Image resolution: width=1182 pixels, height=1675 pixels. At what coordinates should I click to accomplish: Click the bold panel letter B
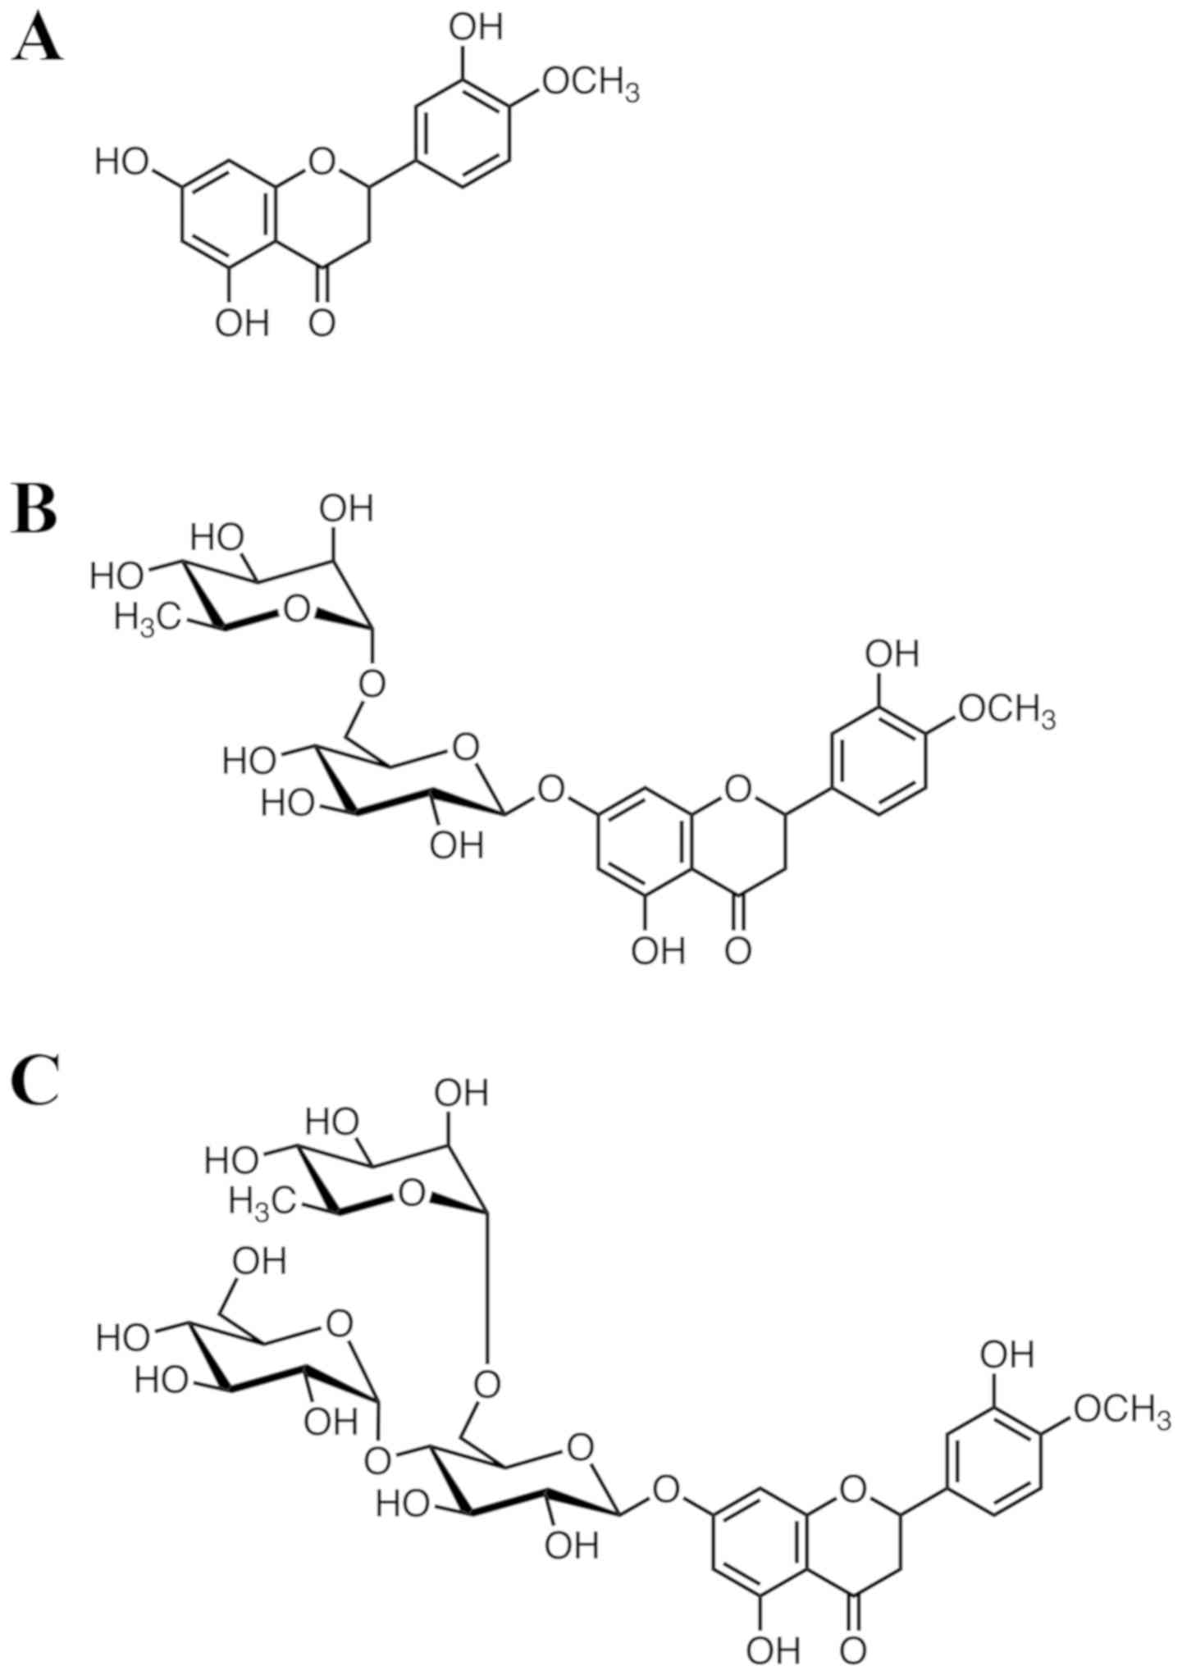34,511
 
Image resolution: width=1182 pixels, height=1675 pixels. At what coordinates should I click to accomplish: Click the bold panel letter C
35,1082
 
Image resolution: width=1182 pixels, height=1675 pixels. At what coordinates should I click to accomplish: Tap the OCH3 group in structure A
590,84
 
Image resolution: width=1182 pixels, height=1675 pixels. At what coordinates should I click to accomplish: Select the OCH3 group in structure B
1006,710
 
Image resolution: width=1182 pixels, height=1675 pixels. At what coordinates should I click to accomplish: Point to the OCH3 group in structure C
1121,1410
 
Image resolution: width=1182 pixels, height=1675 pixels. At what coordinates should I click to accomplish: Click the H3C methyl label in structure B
146,617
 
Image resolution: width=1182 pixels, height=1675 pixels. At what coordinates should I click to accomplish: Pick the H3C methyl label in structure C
261,1202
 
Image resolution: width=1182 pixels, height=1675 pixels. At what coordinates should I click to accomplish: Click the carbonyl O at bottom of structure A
322,322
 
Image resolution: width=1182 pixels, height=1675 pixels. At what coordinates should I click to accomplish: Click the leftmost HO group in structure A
121,162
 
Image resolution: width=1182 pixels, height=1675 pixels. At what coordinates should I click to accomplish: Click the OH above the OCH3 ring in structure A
476,27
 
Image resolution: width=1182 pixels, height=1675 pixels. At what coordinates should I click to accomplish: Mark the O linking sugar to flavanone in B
552,790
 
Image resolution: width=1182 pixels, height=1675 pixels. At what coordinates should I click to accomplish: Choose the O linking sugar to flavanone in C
667,1486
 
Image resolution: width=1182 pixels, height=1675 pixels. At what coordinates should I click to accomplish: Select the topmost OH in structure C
461,1094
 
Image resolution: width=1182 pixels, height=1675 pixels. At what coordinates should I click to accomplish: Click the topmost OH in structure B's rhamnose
346,509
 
